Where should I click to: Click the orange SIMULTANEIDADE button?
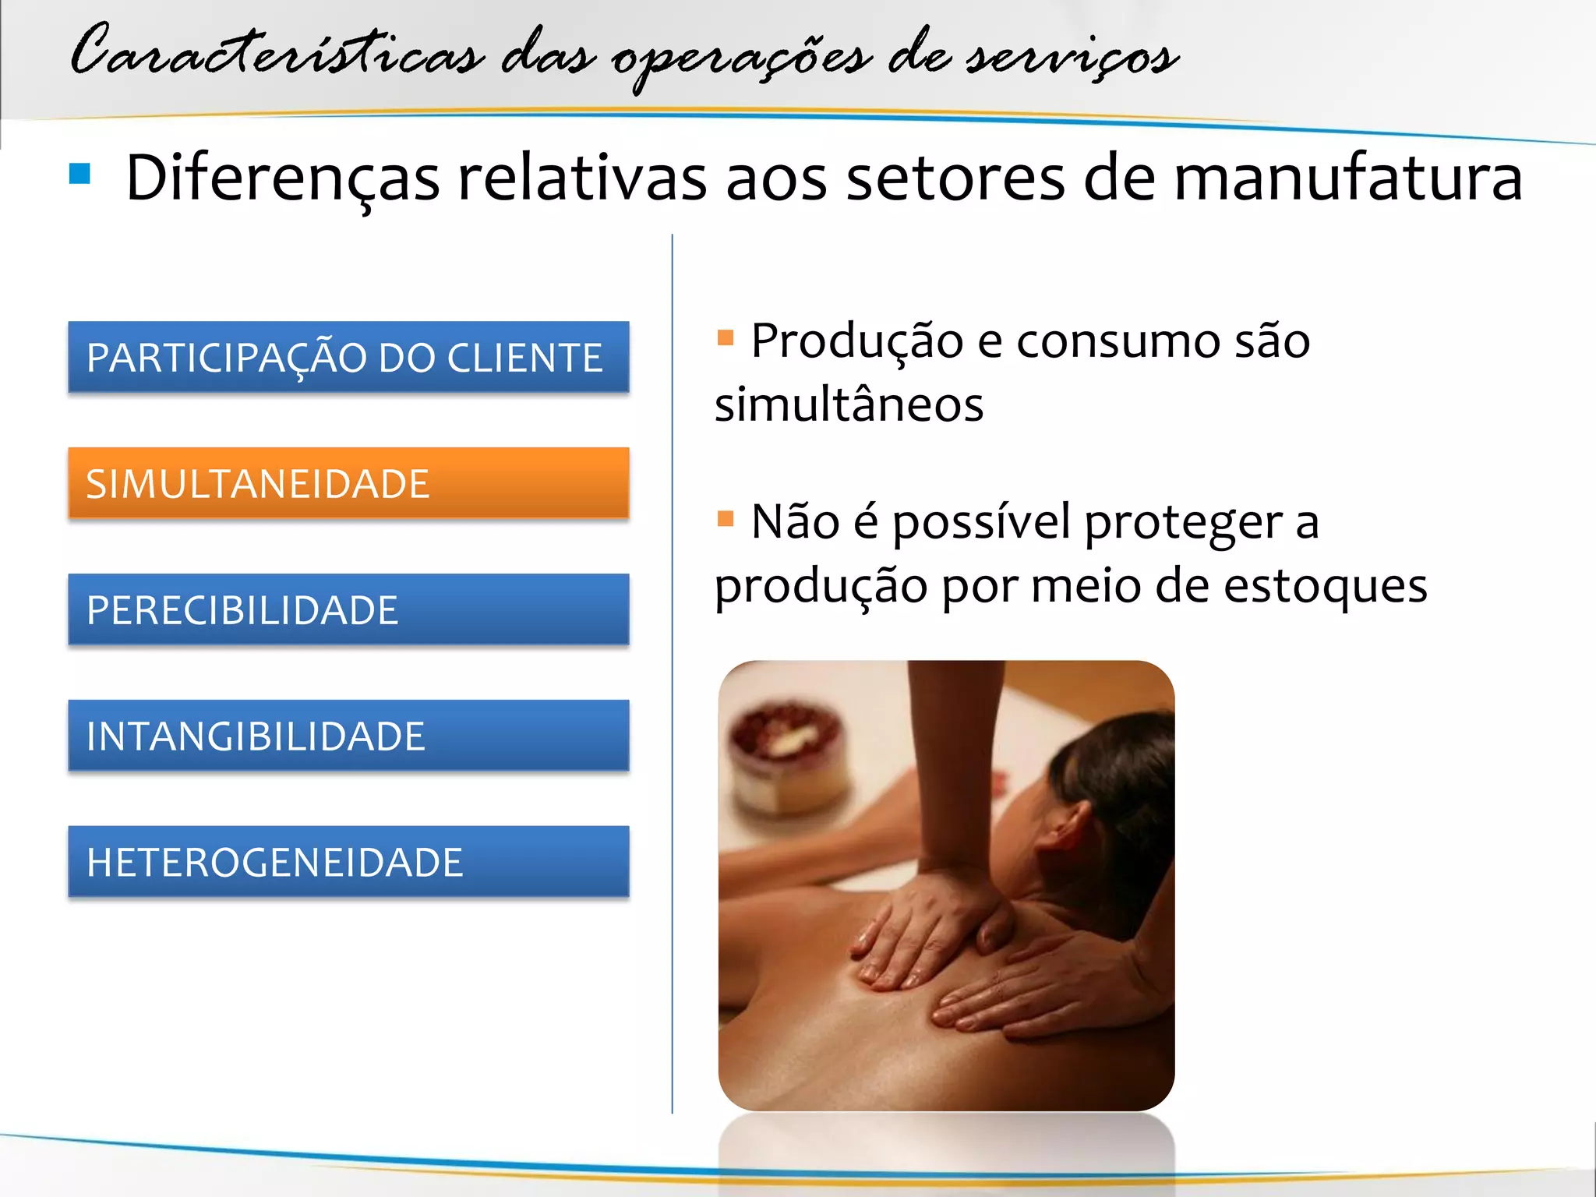point(348,483)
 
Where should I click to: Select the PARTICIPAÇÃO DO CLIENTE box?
point(348,357)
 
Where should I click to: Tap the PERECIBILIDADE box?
point(348,609)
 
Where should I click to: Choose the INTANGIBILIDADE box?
point(348,736)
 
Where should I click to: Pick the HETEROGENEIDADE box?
point(348,862)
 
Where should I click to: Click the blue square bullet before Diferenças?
point(80,174)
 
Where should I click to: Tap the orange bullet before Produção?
point(726,337)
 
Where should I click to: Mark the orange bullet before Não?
point(726,518)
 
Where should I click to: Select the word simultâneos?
point(849,405)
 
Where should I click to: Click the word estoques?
point(1325,586)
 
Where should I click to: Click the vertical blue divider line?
point(672,670)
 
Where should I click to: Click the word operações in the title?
point(740,58)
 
